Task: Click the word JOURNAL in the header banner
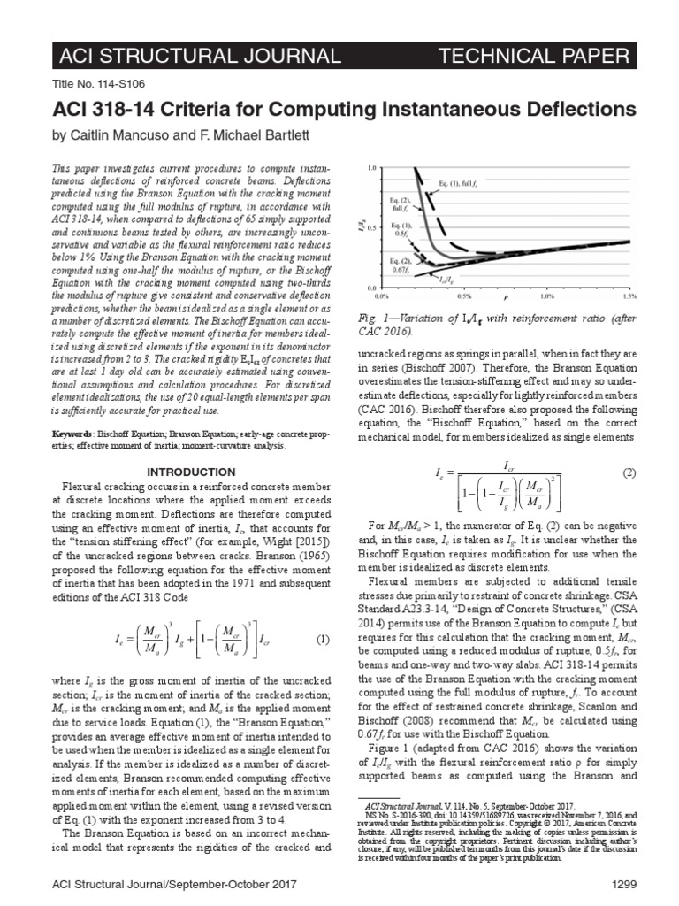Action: tap(283, 58)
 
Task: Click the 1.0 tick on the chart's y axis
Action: tap(371, 167)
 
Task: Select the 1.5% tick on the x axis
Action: tap(628, 295)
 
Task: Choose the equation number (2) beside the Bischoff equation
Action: tap(629, 473)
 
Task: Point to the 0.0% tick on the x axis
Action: tap(383, 295)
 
